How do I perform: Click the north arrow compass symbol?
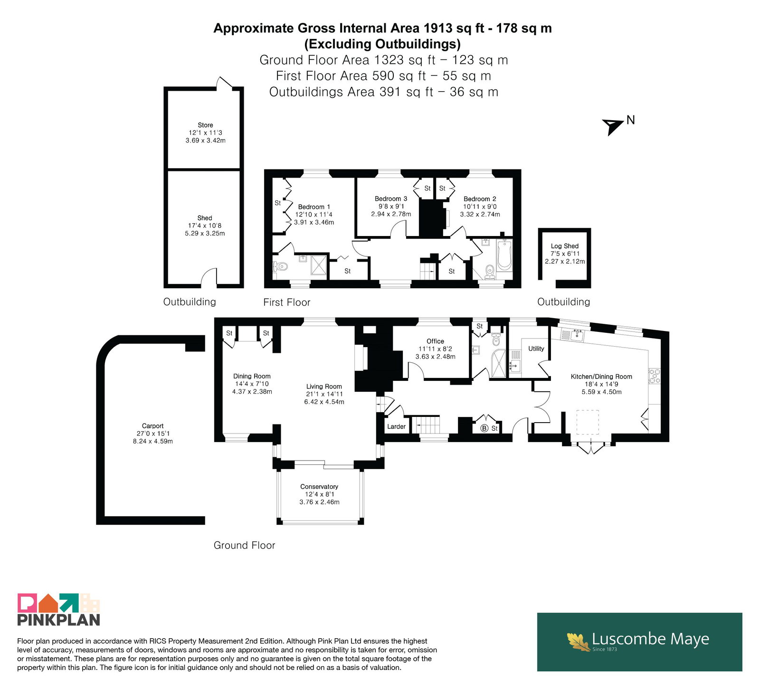point(614,126)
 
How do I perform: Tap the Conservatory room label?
point(319,487)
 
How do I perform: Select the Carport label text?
point(152,426)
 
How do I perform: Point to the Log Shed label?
point(565,246)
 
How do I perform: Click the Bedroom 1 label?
point(314,207)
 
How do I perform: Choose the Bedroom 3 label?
point(391,199)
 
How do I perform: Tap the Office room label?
point(435,341)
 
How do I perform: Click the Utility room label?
point(536,349)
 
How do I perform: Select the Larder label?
point(396,426)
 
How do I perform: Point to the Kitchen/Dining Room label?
point(601,377)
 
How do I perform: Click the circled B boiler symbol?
point(484,428)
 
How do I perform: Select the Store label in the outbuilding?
point(205,125)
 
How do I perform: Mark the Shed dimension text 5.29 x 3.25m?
point(205,234)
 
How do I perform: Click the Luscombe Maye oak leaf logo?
point(579,642)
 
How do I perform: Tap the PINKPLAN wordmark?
point(58,620)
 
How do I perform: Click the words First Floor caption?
point(286,302)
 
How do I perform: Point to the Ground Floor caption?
point(244,546)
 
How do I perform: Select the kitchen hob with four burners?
point(655,376)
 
